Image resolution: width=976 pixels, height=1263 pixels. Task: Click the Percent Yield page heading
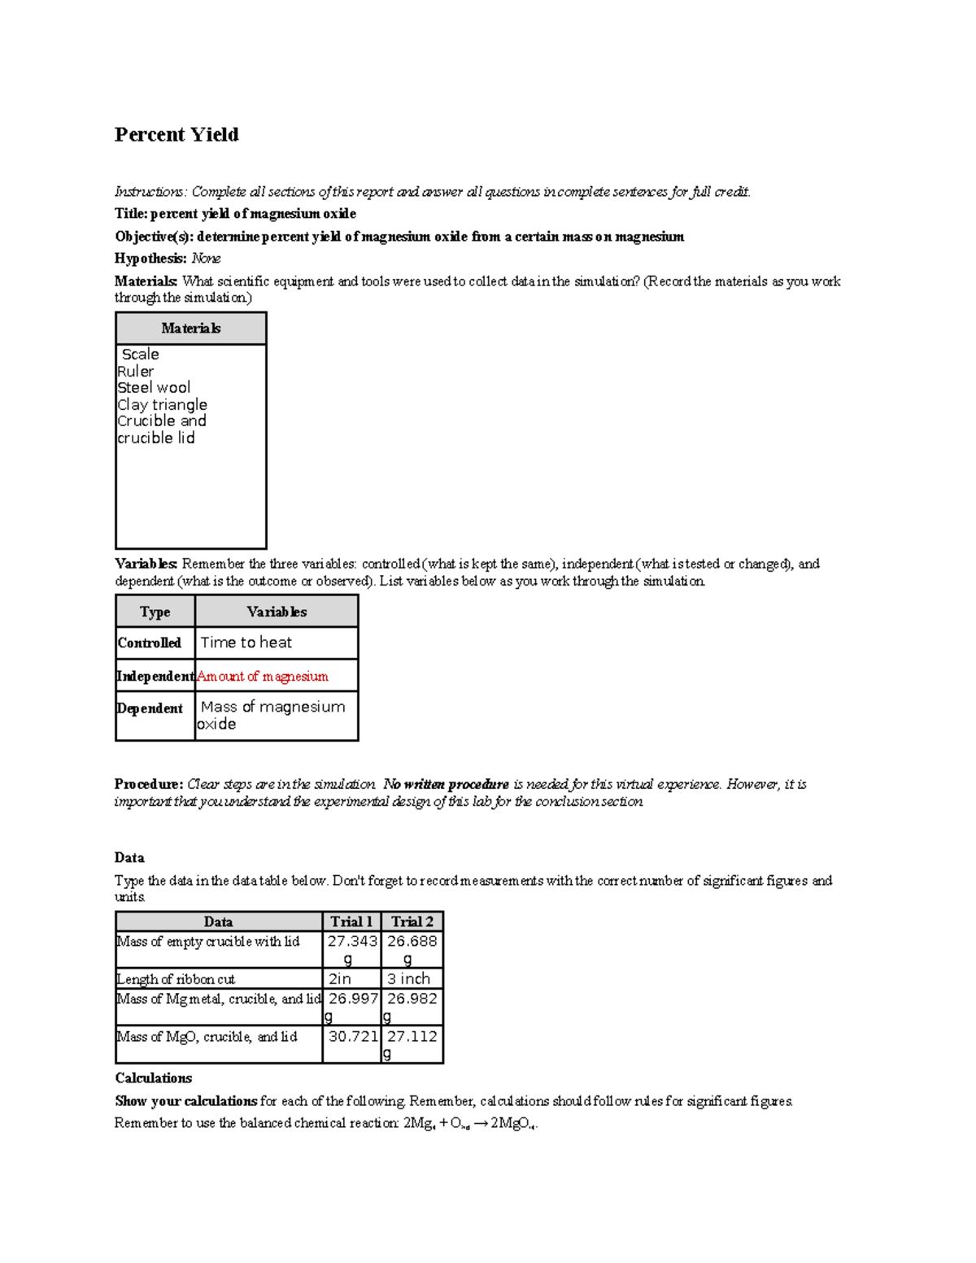pyautogui.click(x=176, y=134)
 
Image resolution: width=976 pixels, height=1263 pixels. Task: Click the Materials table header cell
pyautogui.click(x=190, y=329)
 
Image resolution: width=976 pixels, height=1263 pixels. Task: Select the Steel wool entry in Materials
pyautogui.click(x=154, y=388)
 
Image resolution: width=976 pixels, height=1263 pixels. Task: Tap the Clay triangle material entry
pyautogui.click(x=162, y=404)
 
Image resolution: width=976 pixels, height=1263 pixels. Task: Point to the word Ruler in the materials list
pyautogui.click(x=135, y=371)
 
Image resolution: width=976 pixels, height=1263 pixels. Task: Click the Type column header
pyautogui.click(x=155, y=612)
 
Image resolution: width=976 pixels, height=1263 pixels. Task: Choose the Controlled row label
pyautogui.click(x=149, y=642)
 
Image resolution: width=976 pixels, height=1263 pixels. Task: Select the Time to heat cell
pyautogui.click(x=246, y=642)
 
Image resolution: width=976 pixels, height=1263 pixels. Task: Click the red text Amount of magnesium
pyautogui.click(x=262, y=676)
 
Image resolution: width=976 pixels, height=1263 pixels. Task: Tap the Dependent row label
pyautogui.click(x=150, y=708)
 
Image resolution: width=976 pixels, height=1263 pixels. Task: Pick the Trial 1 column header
pyautogui.click(x=351, y=921)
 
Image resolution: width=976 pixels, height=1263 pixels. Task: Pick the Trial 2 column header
pyautogui.click(x=412, y=921)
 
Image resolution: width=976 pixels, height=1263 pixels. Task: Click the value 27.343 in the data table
pyautogui.click(x=352, y=942)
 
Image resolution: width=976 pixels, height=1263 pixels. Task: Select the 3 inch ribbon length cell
pyautogui.click(x=408, y=979)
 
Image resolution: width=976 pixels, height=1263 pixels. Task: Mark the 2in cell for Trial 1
pyautogui.click(x=340, y=979)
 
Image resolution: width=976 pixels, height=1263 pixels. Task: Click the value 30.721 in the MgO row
pyautogui.click(x=353, y=1037)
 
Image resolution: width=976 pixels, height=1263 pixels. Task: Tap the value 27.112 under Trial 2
pyautogui.click(x=412, y=1037)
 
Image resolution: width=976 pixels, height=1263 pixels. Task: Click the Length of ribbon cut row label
pyautogui.click(x=176, y=979)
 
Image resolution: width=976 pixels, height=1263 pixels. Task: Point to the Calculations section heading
pyautogui.click(x=153, y=1078)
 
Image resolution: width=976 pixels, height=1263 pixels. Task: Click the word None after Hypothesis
pyautogui.click(x=206, y=259)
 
